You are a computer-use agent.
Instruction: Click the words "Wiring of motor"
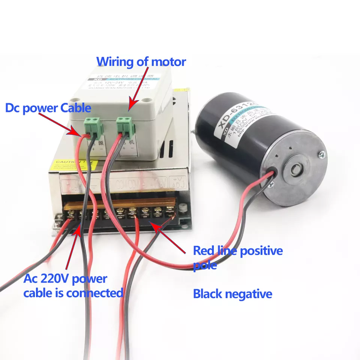pos(141,61)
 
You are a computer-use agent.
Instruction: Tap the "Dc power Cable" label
pos(48,108)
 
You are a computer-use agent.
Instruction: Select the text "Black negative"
pos(232,294)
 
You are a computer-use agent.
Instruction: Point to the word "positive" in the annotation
pos(261,250)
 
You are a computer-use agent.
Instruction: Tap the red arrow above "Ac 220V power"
pos(73,247)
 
